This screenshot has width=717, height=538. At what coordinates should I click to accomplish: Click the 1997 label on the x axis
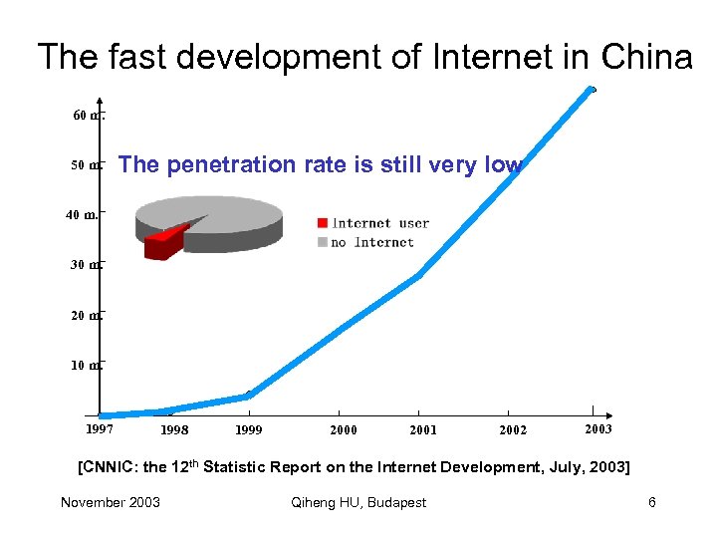pos(99,429)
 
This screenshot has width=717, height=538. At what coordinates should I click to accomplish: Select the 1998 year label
pos(174,430)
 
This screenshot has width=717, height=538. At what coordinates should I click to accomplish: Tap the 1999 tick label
pos(249,430)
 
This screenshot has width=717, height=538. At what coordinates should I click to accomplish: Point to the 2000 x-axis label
pos(344,430)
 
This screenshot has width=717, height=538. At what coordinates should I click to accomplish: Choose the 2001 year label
pos(423,430)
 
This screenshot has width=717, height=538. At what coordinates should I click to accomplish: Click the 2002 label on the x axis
pos(513,430)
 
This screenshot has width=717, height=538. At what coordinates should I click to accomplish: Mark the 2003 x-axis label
pos(597,428)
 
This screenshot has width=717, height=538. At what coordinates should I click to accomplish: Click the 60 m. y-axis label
pos(86,116)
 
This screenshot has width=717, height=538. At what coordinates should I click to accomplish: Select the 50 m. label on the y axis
pos(85,165)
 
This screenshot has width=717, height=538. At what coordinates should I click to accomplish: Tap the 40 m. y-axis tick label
pos(83,214)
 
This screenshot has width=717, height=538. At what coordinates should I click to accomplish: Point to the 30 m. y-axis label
pos(85,265)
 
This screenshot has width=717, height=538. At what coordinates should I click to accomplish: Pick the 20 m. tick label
pos(85,315)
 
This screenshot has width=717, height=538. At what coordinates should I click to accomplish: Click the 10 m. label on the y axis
pos(85,365)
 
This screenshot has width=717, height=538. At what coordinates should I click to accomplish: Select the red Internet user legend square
pos(322,223)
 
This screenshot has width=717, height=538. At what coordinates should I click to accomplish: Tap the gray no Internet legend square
pos(322,242)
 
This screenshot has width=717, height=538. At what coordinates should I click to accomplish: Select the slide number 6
pos(652,502)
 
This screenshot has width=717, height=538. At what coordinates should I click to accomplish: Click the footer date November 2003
pos(110,502)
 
